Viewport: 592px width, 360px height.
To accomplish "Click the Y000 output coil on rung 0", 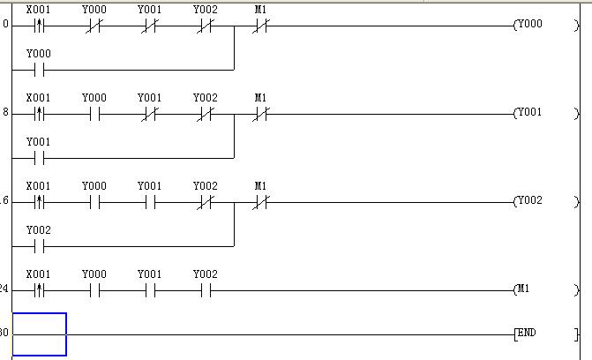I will (x=529, y=25).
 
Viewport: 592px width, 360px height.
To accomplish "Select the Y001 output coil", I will (x=529, y=113).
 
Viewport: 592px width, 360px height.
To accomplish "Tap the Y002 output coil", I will (x=529, y=201).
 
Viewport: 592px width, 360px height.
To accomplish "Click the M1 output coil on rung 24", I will (x=527, y=289).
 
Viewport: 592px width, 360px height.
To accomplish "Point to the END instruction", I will (x=526, y=334).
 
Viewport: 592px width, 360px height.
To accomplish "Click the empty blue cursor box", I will (x=39, y=334).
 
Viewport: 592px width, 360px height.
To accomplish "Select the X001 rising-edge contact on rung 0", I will (x=38, y=26).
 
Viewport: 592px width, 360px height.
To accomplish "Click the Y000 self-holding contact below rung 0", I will (x=38, y=69).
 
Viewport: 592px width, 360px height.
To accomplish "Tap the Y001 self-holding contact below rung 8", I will (x=38, y=157).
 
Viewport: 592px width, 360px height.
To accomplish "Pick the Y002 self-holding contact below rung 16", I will (x=38, y=245).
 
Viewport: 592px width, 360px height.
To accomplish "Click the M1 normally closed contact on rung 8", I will (x=260, y=114).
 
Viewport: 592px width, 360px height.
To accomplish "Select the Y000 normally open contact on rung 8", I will (x=94, y=114).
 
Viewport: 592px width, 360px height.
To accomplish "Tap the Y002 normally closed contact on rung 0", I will (x=205, y=26).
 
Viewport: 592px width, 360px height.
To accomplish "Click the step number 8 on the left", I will (x=5, y=113).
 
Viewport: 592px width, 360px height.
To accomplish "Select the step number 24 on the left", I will (x=4, y=289).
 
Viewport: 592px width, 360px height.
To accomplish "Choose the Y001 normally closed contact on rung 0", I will (x=149, y=26).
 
